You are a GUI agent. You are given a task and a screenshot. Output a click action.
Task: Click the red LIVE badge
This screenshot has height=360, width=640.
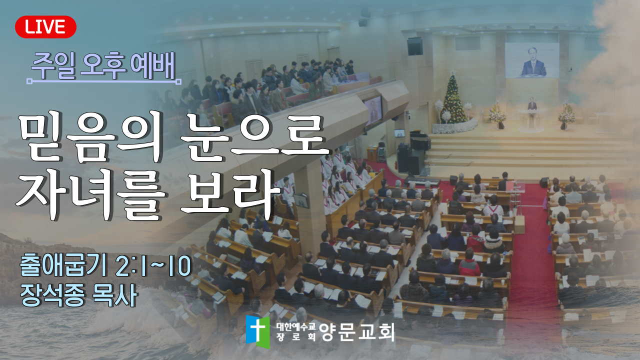pos(45,27)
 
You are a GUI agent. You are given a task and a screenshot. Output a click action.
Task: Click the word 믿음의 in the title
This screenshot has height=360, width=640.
pos(91,138)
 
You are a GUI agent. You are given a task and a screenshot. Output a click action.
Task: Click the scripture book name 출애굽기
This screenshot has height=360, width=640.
pos(63,266)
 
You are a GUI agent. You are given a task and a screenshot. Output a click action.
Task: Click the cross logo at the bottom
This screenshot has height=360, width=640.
pos(257,331)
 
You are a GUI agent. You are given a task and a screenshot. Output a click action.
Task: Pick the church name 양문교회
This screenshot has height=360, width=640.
pos(357,332)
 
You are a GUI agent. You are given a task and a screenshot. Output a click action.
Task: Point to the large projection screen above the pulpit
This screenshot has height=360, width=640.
pos(532,60)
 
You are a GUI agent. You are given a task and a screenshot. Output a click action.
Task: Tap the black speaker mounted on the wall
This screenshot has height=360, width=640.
pos(415,46)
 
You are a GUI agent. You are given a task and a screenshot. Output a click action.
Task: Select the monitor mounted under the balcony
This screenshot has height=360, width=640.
pos(373,110)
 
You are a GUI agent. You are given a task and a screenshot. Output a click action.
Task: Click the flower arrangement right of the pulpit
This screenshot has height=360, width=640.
pos(566,115)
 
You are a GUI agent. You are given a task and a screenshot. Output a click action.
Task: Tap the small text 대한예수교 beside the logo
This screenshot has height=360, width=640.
pos(296,327)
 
